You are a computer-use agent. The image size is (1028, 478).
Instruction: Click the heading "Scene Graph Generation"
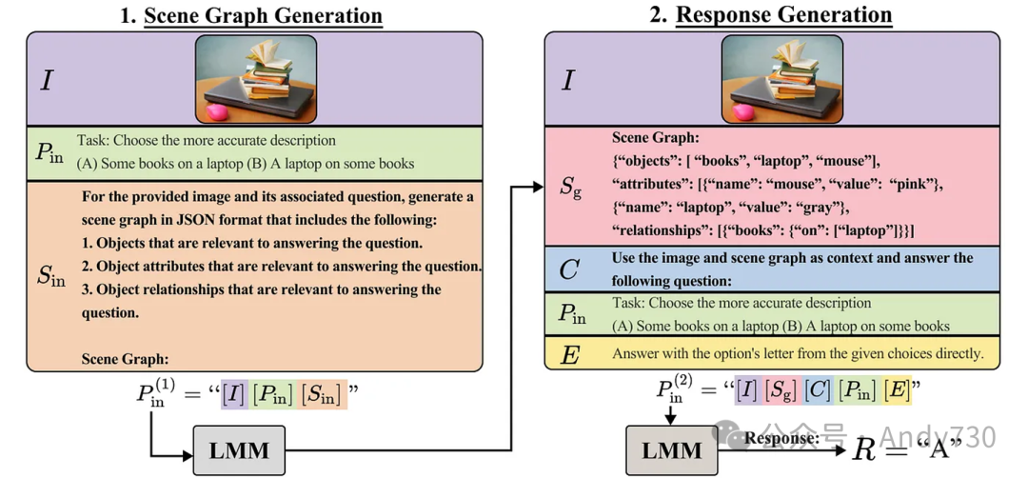263,16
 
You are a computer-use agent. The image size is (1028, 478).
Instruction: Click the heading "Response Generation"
783,15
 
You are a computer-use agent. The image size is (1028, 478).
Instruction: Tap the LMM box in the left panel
239,449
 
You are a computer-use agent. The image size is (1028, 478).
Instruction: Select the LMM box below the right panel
672,449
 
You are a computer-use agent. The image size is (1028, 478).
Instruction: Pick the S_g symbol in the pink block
568,185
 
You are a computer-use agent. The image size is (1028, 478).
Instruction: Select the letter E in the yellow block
569,354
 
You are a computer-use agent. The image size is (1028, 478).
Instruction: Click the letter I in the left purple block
47,80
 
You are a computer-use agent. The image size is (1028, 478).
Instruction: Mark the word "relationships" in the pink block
661,229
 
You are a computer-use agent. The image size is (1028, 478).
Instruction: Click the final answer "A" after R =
957,447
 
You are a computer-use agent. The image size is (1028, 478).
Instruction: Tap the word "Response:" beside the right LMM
781,438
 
